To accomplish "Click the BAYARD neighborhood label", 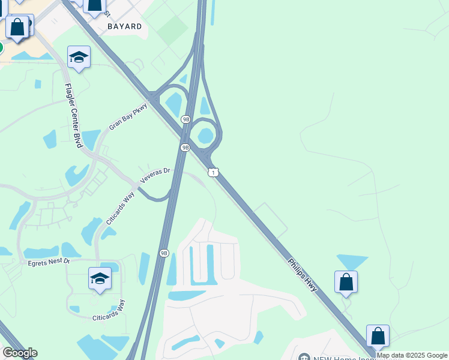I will click(125, 26).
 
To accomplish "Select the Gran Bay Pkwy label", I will click(128, 117).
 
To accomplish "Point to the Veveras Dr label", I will click(155, 175).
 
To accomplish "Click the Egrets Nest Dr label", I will click(49, 262).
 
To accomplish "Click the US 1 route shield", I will click(214, 173).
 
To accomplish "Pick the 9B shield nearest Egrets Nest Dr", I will click(164, 253).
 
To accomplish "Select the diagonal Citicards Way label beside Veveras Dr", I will click(121, 208).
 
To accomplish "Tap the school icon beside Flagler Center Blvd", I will click(79, 58).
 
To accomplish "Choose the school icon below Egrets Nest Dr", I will click(100, 279).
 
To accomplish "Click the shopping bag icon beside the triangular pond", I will click(346, 282).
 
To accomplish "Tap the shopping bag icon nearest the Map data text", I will click(378, 336).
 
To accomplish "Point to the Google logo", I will click(20, 353).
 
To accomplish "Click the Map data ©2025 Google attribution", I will click(412, 355).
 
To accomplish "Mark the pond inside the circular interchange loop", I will click(206, 135).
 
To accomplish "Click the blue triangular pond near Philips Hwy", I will click(352, 262).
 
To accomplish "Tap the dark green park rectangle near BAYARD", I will click(173, 27).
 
